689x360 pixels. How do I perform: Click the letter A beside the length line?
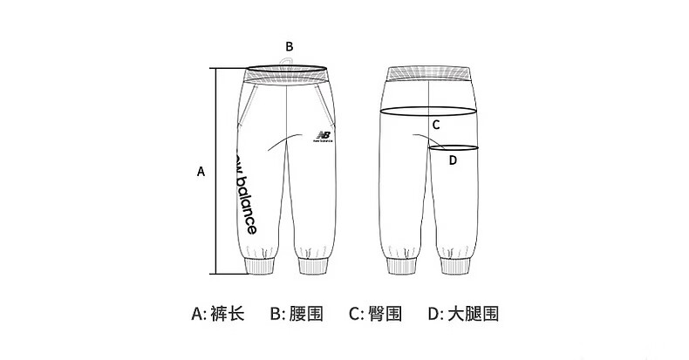point(201,172)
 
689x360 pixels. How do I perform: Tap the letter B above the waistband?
point(290,46)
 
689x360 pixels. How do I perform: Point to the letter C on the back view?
point(436,125)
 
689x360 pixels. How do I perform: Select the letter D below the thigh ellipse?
point(453,160)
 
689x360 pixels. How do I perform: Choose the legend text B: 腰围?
point(297,313)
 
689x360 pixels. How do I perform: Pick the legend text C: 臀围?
point(375,313)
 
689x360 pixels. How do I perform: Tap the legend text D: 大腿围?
point(462,313)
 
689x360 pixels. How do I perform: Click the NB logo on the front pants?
point(323,137)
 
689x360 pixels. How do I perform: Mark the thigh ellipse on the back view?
point(455,147)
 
